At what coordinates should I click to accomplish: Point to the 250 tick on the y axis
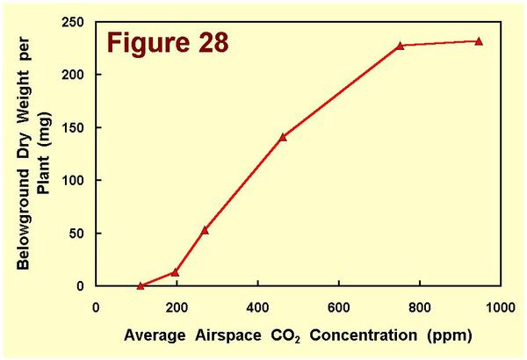tap(77, 21)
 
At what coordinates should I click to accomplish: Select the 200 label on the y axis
tap(77, 74)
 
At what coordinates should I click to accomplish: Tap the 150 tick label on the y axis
tap(77, 127)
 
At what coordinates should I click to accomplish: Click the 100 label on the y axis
tap(77, 180)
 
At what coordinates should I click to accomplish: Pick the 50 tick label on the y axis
tap(81, 234)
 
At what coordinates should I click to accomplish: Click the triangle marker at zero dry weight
tap(141, 285)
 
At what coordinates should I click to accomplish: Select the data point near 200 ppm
tap(175, 272)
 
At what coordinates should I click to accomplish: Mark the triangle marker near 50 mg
tap(205, 230)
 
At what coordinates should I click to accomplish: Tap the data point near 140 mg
tap(283, 137)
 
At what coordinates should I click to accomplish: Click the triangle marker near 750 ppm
tap(400, 46)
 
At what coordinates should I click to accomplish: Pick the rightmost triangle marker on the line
tap(479, 41)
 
